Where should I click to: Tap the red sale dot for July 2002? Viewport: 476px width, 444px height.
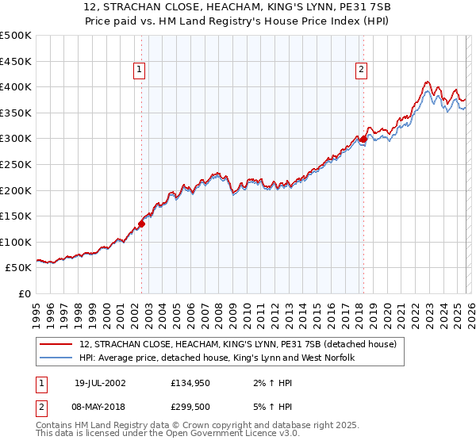142,224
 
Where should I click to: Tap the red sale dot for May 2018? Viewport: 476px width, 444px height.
363,139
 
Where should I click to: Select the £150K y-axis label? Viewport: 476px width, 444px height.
16,216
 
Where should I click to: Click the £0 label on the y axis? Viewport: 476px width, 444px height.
25,294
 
